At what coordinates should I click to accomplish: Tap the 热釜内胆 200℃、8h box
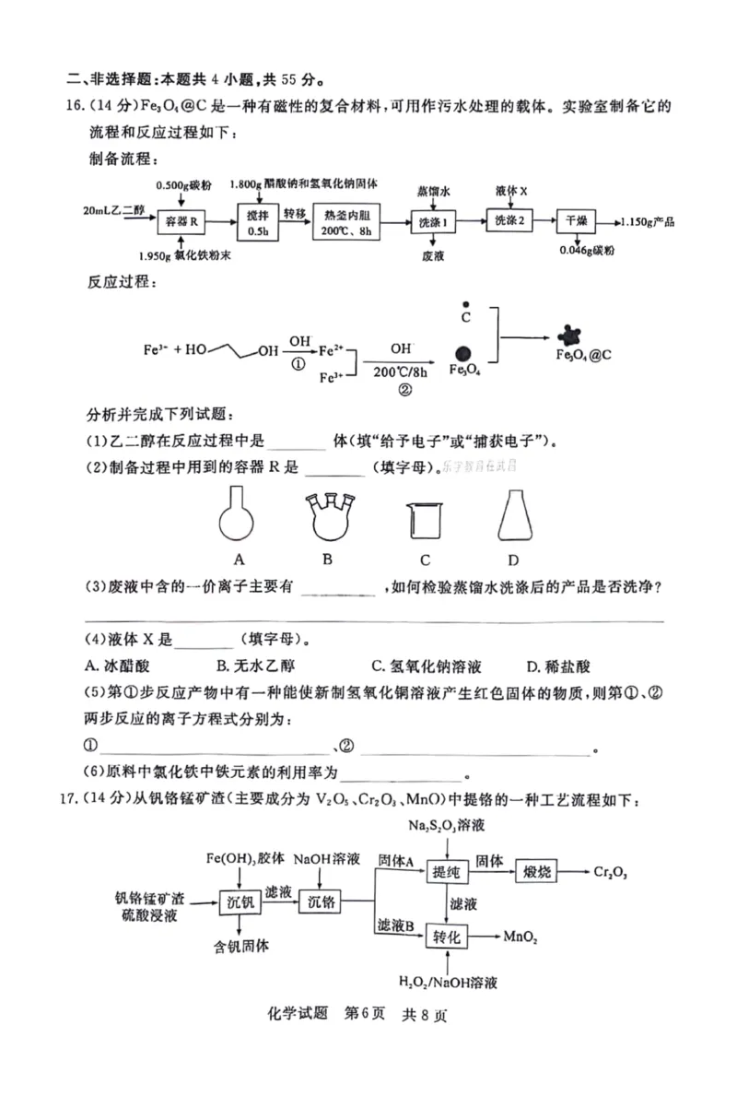(347, 222)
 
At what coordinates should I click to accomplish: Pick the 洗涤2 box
(509, 221)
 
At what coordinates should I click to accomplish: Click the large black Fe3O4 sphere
(463, 352)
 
